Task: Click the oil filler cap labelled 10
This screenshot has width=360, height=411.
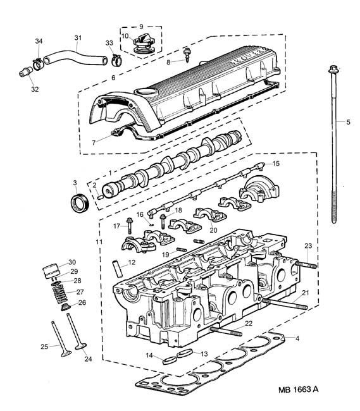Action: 142,44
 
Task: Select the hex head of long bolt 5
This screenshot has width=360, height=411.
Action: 334,69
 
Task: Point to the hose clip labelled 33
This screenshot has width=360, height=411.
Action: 117,60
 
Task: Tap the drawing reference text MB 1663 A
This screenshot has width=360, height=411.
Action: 299,390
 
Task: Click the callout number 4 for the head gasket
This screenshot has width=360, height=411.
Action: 297,338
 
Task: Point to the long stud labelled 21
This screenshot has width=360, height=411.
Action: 285,304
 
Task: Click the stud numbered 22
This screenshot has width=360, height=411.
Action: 225,331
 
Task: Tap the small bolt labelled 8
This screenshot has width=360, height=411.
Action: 187,55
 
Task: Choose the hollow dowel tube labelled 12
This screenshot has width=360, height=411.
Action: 117,268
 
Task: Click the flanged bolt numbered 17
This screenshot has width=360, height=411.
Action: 129,226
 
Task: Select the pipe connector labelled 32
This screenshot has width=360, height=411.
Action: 25,71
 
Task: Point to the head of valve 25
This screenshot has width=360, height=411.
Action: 66,353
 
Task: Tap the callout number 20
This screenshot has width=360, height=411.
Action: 213,230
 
